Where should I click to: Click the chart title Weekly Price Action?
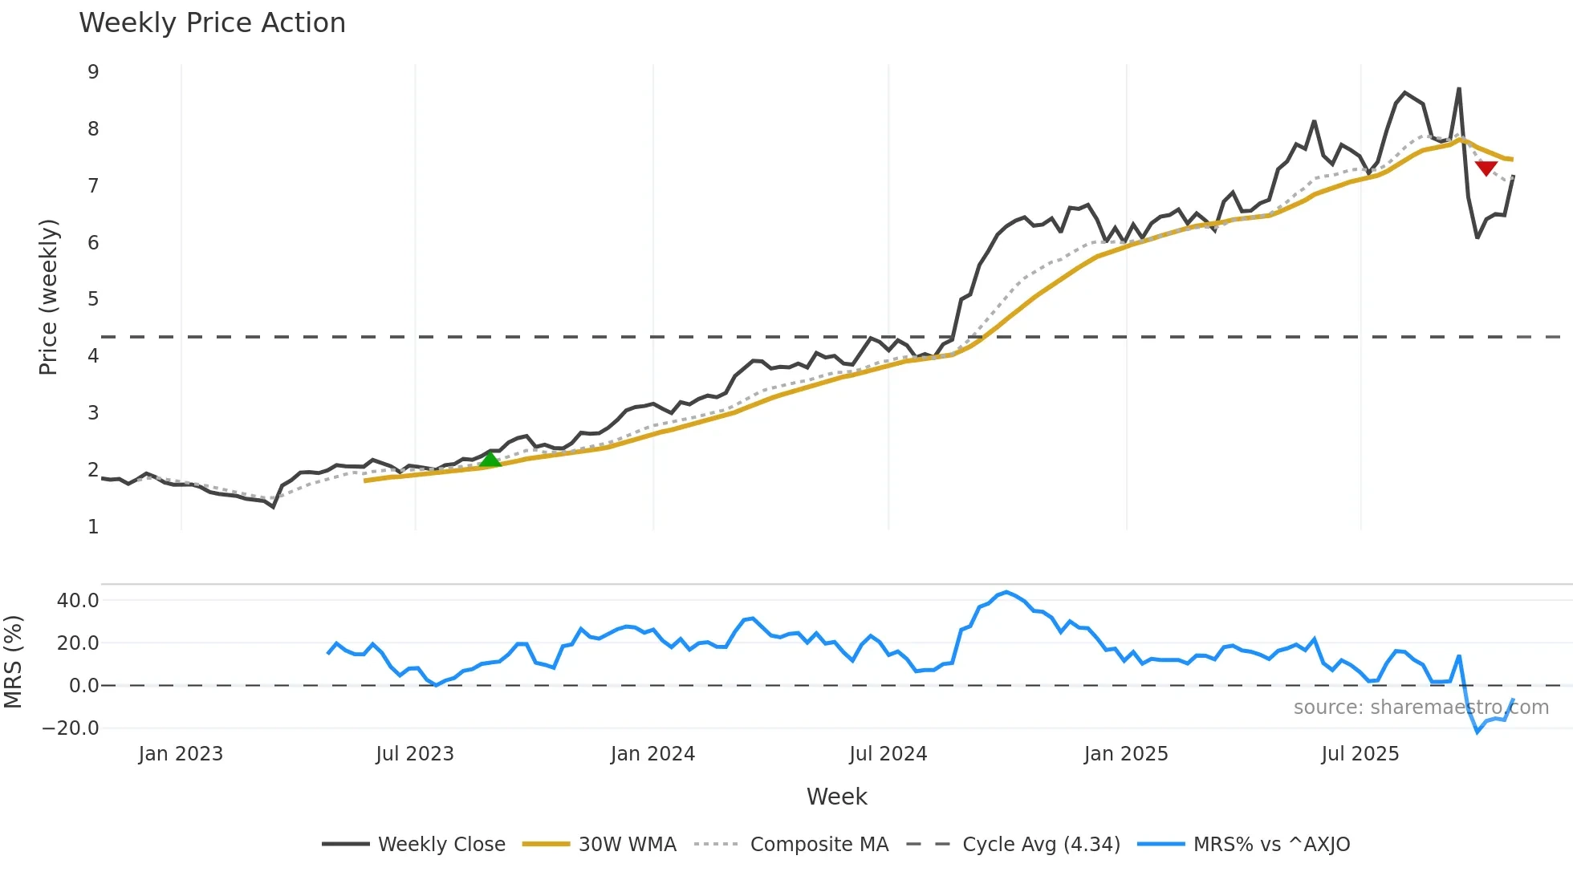[x=212, y=23]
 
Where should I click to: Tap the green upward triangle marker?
[x=490, y=460]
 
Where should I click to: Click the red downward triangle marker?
[x=1486, y=168]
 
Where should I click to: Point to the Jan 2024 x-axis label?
[x=652, y=754]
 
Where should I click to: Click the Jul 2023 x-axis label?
[x=415, y=754]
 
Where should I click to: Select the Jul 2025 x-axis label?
[x=1360, y=754]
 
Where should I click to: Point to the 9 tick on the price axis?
[x=94, y=72]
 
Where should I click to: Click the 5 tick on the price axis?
[x=94, y=299]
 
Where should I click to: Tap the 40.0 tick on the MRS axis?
[x=78, y=601]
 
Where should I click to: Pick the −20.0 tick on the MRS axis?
[x=71, y=728]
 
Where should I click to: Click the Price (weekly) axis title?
[x=48, y=297]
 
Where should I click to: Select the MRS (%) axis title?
[x=13, y=662]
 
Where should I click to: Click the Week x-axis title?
[x=836, y=797]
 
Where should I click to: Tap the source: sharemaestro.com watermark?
[x=1421, y=708]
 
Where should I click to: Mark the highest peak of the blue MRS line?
[x=1006, y=592]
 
